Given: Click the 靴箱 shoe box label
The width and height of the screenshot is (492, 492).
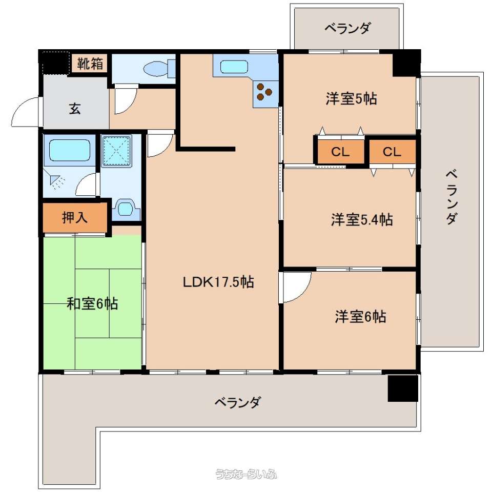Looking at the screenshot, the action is pyautogui.click(x=90, y=64).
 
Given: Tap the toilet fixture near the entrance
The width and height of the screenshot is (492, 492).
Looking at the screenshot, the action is pyautogui.click(x=159, y=68).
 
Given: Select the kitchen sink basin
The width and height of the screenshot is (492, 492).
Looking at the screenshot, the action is pyautogui.click(x=234, y=67).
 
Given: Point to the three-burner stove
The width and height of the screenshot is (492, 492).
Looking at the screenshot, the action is pyautogui.click(x=264, y=92).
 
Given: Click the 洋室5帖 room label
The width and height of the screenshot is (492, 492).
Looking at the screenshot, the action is pyautogui.click(x=351, y=98).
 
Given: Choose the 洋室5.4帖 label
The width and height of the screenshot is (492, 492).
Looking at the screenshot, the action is pyautogui.click(x=362, y=219).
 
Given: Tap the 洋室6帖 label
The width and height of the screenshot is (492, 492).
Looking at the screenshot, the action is pyautogui.click(x=360, y=316).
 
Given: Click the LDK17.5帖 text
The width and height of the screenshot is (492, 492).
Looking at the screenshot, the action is pyautogui.click(x=218, y=282).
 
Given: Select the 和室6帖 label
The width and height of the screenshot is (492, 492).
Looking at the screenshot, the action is pyautogui.click(x=92, y=303).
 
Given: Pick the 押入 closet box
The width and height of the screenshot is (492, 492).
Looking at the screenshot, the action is pyautogui.click(x=75, y=217).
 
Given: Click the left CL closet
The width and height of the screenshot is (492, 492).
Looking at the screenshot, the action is pyautogui.click(x=340, y=152).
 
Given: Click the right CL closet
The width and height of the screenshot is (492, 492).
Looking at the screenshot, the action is pyautogui.click(x=392, y=152).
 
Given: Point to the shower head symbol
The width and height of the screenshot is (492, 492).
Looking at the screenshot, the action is pyautogui.click(x=57, y=182).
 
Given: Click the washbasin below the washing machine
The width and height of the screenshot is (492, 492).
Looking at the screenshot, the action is pyautogui.click(x=125, y=209).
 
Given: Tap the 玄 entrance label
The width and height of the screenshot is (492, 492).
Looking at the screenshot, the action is pyautogui.click(x=75, y=109).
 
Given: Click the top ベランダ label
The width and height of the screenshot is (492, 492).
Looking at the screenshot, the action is pyautogui.click(x=347, y=28).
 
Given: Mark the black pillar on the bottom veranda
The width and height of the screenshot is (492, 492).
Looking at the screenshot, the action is pyautogui.click(x=403, y=388).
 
